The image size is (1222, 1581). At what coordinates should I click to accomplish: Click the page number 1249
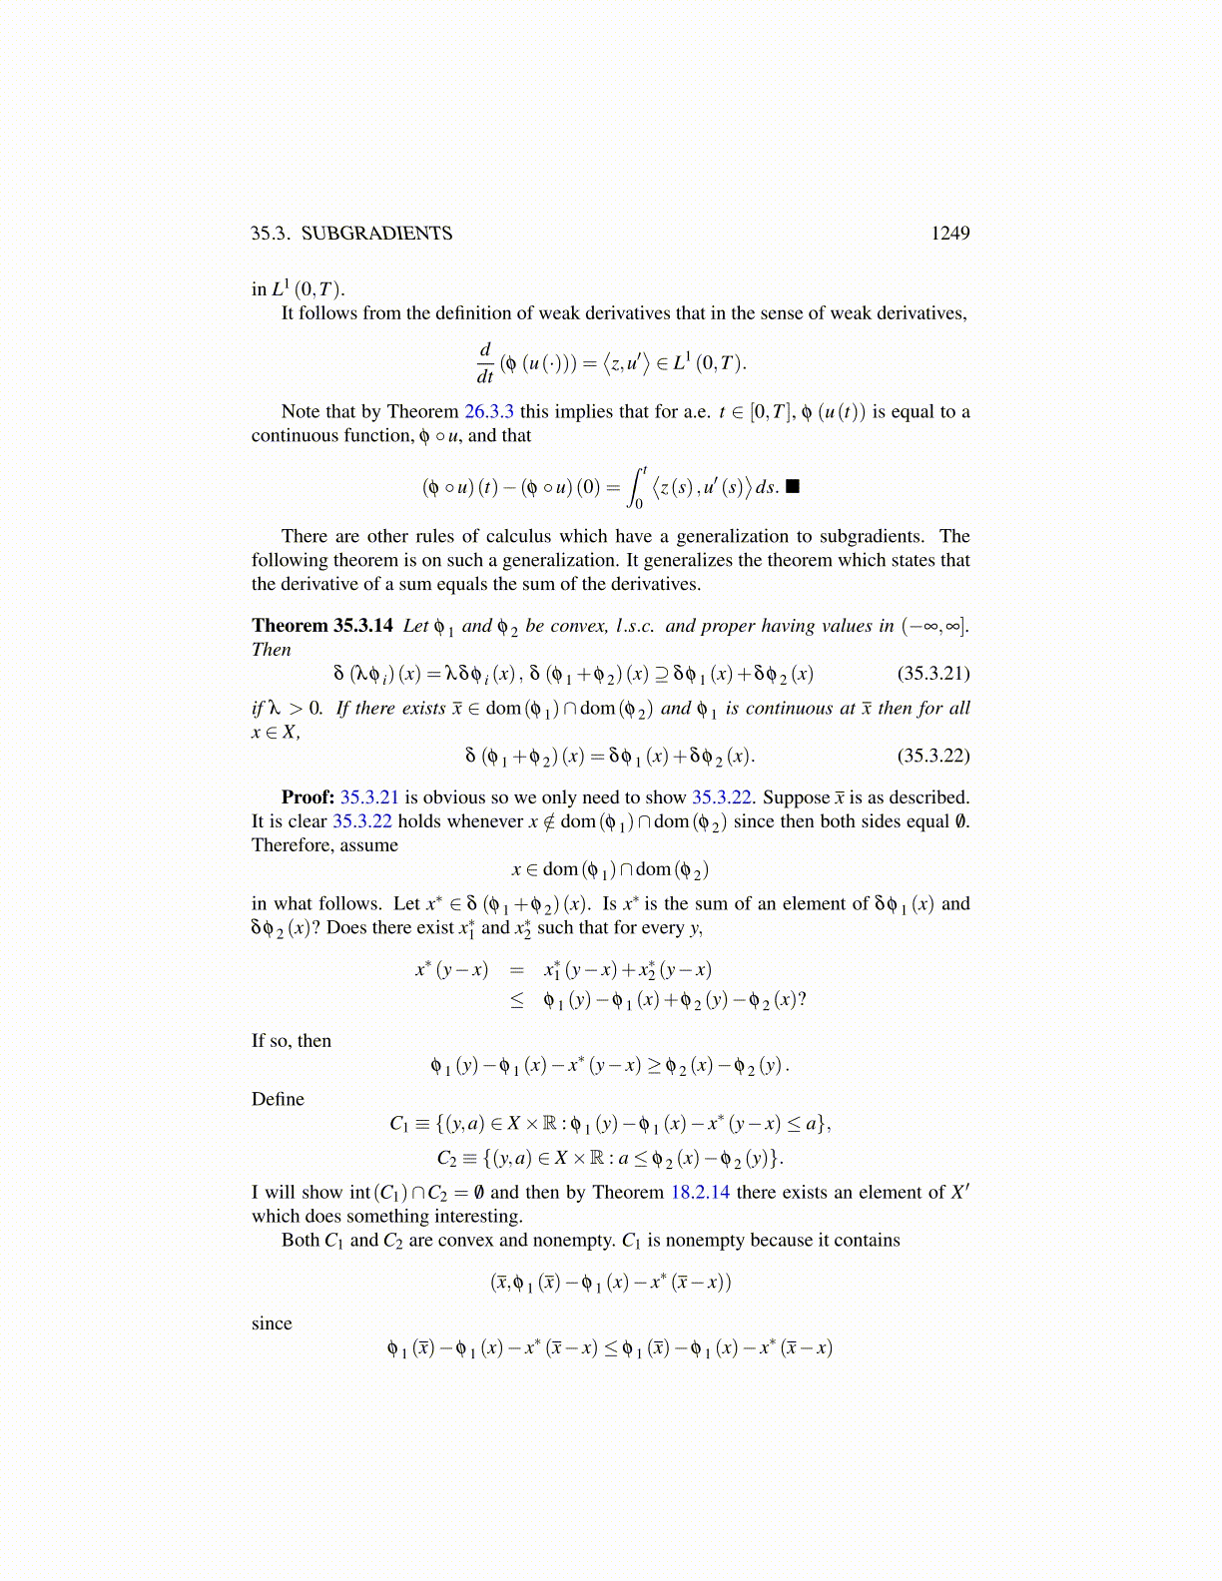pos(949,234)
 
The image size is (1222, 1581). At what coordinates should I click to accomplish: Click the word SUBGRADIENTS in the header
pos(376,234)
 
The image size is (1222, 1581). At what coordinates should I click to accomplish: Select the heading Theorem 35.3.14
pos(322,626)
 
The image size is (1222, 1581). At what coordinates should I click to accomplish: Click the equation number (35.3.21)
pos(933,673)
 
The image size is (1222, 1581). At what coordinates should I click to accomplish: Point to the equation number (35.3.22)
pos(933,755)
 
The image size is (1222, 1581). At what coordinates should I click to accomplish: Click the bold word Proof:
pos(307,797)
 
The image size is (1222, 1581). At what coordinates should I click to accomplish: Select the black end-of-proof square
pos(793,487)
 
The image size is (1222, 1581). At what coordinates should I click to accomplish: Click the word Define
pos(278,1099)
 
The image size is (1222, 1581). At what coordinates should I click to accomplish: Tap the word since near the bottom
pos(272,1323)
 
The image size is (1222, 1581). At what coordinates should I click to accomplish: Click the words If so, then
pos(292,1041)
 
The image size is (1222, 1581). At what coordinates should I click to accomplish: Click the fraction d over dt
pos(485,363)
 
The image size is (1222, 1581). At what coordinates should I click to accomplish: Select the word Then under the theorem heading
pos(272,650)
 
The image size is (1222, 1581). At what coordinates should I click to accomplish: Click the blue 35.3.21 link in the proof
pos(369,797)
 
